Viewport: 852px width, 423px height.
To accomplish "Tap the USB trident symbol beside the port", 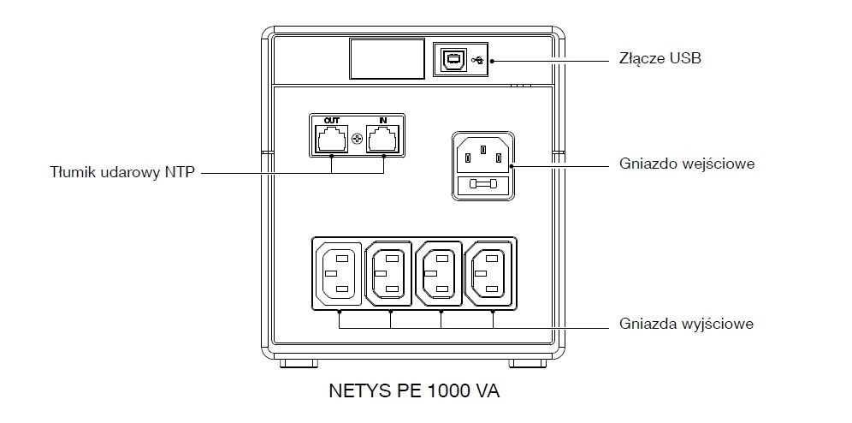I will coord(476,60).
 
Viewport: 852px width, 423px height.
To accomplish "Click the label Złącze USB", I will coord(660,59).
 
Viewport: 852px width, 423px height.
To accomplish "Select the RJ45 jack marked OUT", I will coord(331,140).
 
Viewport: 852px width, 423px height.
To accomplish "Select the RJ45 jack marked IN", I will coord(382,140).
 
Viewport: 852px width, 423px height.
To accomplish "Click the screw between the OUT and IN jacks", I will coord(357,138).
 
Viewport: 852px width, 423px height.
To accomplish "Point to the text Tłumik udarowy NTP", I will coord(123,172).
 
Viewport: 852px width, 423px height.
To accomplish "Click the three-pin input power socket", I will coord(484,155).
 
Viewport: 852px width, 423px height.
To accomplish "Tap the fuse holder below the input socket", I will coord(484,186).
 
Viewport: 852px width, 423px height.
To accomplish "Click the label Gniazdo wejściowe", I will coord(687,163).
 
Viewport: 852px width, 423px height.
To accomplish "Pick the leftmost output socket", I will coord(340,274).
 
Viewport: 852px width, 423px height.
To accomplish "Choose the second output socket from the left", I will coord(389,274).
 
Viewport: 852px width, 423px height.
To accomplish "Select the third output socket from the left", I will coord(439,274).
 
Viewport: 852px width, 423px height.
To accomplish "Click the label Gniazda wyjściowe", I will coord(686,325).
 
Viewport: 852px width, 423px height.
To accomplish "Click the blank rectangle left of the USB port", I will coord(388,60).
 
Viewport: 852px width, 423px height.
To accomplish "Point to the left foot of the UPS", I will coord(295,364).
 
